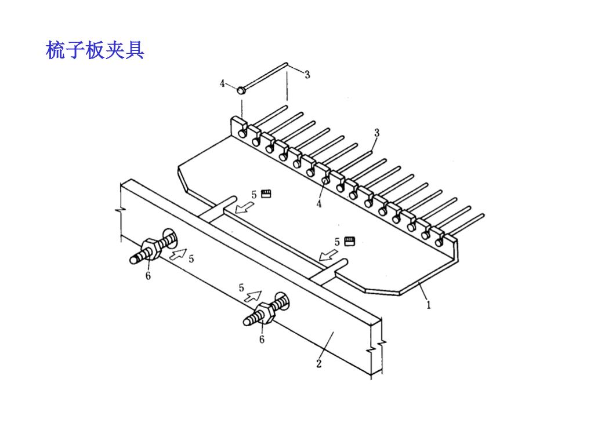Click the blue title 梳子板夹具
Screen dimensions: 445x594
tap(95, 51)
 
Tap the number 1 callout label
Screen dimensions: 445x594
tap(429, 305)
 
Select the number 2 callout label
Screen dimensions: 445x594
tap(318, 364)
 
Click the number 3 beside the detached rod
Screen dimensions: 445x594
tap(307, 74)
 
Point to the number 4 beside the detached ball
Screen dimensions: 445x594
tap(222, 83)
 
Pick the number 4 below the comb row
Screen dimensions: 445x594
tap(318, 203)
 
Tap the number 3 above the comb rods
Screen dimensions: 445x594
tap(376, 133)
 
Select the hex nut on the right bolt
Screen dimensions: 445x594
tap(265, 313)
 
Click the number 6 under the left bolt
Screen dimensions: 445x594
tap(148, 276)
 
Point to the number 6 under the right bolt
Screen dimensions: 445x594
tap(262, 340)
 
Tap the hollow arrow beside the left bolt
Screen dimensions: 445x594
tap(178, 253)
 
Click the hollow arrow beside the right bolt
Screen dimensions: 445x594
tap(253, 296)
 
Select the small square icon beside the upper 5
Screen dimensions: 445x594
tap(266, 194)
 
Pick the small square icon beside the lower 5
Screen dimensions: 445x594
tap(349, 240)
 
